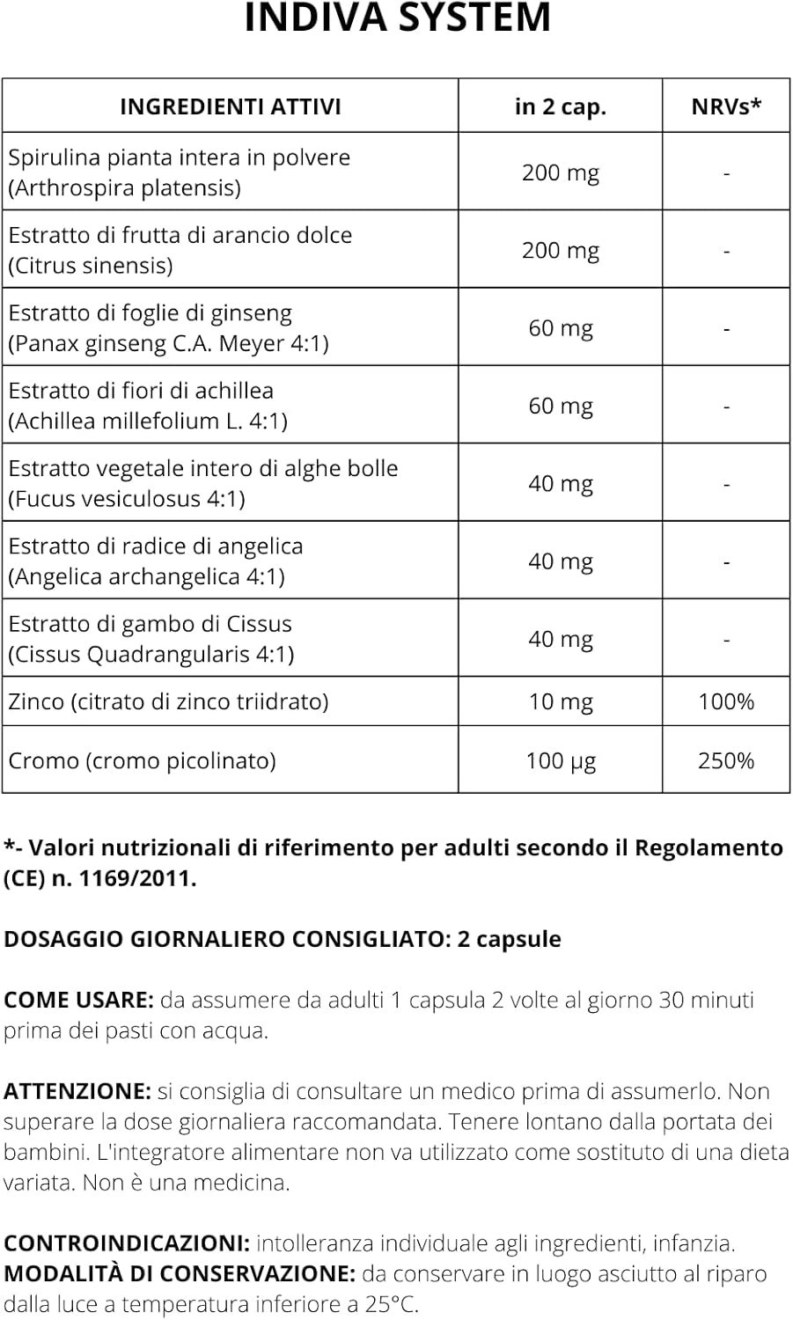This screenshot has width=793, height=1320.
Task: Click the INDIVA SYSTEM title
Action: tap(397, 18)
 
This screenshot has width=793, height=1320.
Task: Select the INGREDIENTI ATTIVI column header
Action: tap(230, 106)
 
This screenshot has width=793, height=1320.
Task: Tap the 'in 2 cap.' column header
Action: tap(560, 106)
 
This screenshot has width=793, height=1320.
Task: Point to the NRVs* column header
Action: tap(725, 106)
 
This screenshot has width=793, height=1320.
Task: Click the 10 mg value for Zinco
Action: tap(560, 701)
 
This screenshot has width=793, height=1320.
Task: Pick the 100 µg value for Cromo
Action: tap(560, 760)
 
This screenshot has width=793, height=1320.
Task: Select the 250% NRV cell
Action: tap(725, 760)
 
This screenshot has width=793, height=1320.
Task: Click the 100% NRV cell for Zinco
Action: tap(725, 701)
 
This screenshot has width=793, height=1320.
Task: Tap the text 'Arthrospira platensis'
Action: tap(124, 188)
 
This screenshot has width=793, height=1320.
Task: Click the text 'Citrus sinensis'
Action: tap(90, 266)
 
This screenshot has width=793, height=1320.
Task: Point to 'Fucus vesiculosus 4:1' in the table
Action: tap(127, 499)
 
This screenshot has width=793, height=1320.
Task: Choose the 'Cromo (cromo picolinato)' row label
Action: tap(142, 760)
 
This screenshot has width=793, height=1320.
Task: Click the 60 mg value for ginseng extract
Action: tap(560, 328)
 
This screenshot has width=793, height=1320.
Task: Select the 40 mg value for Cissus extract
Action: tap(560, 639)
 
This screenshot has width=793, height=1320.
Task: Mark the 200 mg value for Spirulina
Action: tap(560, 172)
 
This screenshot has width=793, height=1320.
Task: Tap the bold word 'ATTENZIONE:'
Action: tap(77, 1092)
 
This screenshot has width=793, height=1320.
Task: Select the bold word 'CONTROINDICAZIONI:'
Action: tap(127, 1243)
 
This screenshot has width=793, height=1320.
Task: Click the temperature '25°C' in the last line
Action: tap(391, 1304)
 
